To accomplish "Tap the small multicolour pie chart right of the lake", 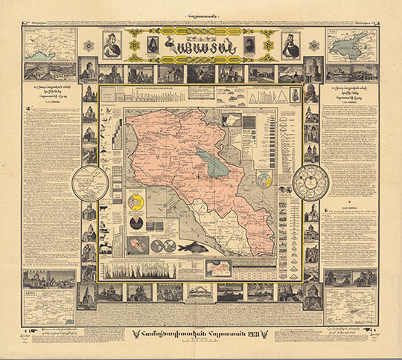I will [x=263, y=180].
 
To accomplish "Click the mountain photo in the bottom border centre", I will [x=200, y=291].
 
